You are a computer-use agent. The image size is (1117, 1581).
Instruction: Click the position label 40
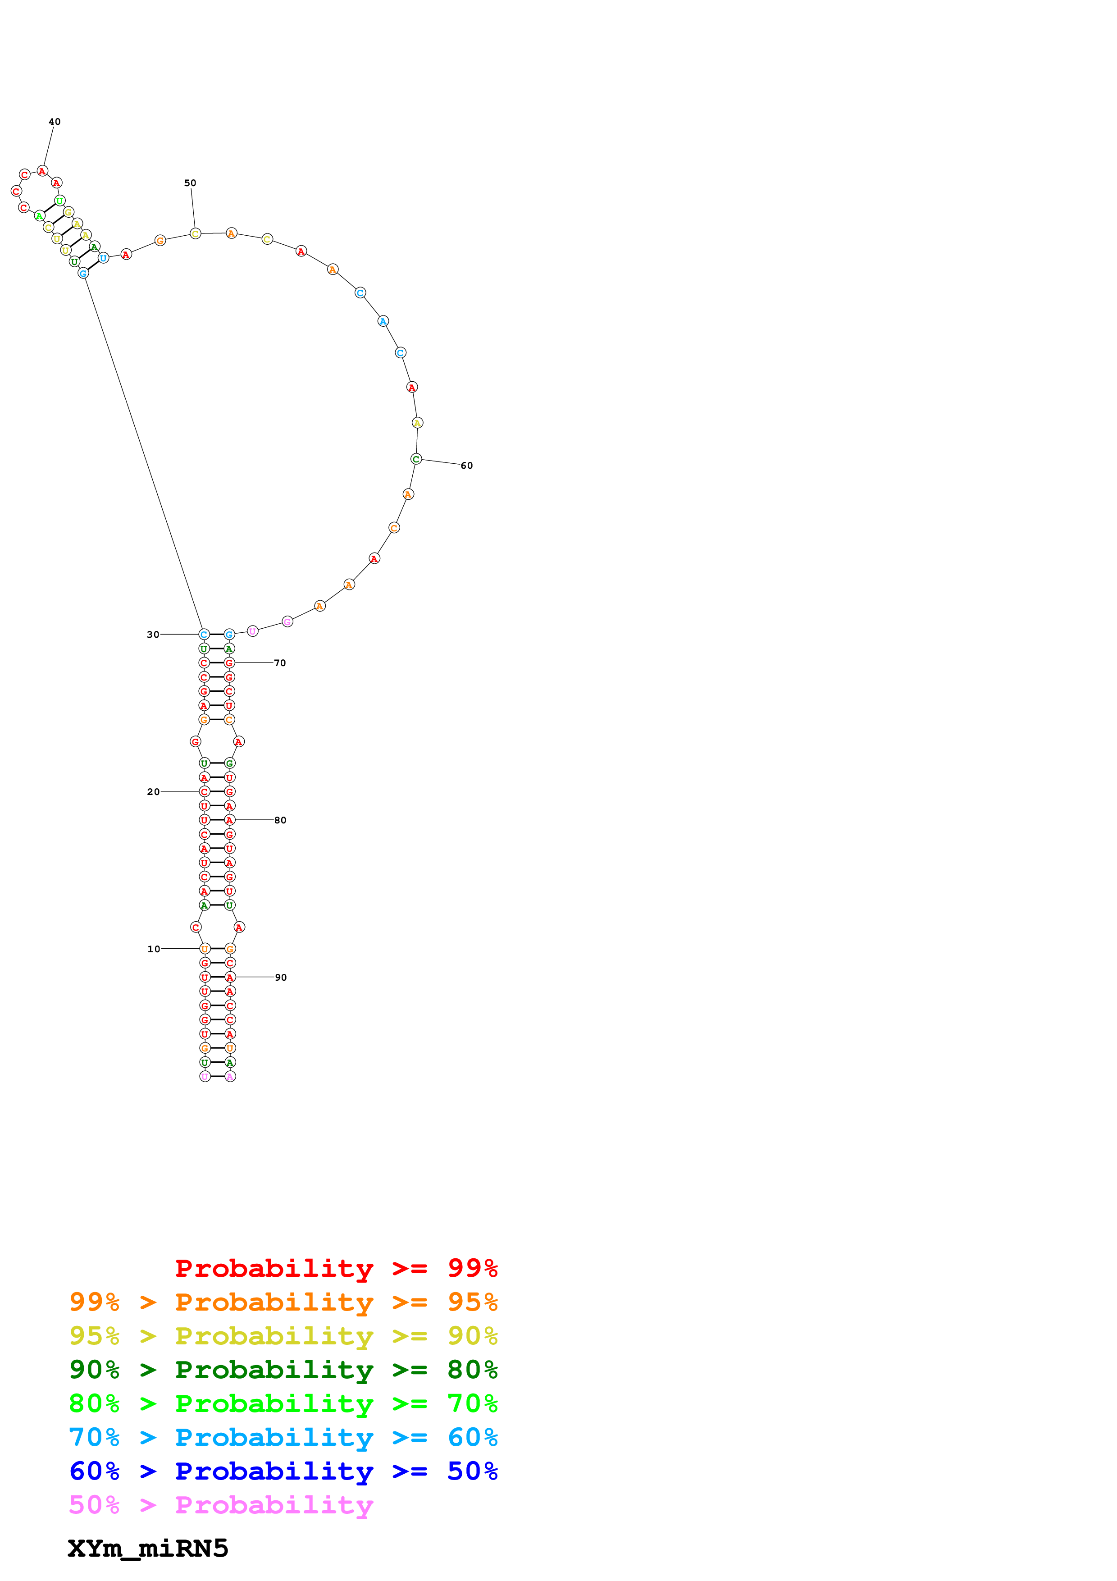pos(55,122)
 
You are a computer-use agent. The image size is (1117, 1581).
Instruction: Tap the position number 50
pos(190,183)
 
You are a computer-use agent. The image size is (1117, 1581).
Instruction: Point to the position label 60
pos(467,466)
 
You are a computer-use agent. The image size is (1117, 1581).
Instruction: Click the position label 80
pos(280,820)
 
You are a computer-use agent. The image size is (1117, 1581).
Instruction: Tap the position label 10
pos(154,949)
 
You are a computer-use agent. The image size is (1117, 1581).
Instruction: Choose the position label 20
pos(153,792)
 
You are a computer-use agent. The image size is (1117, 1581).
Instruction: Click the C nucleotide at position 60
pos(416,459)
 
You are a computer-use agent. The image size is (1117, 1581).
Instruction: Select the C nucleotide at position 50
pos(196,233)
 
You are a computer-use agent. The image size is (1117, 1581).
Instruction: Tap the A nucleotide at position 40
pos(42,171)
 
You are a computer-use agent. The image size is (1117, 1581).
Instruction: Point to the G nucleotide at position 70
pos(229,663)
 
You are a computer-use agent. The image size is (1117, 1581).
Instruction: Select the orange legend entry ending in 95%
pos(283,1302)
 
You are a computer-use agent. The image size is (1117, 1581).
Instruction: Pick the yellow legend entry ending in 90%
pos(283,1335)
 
